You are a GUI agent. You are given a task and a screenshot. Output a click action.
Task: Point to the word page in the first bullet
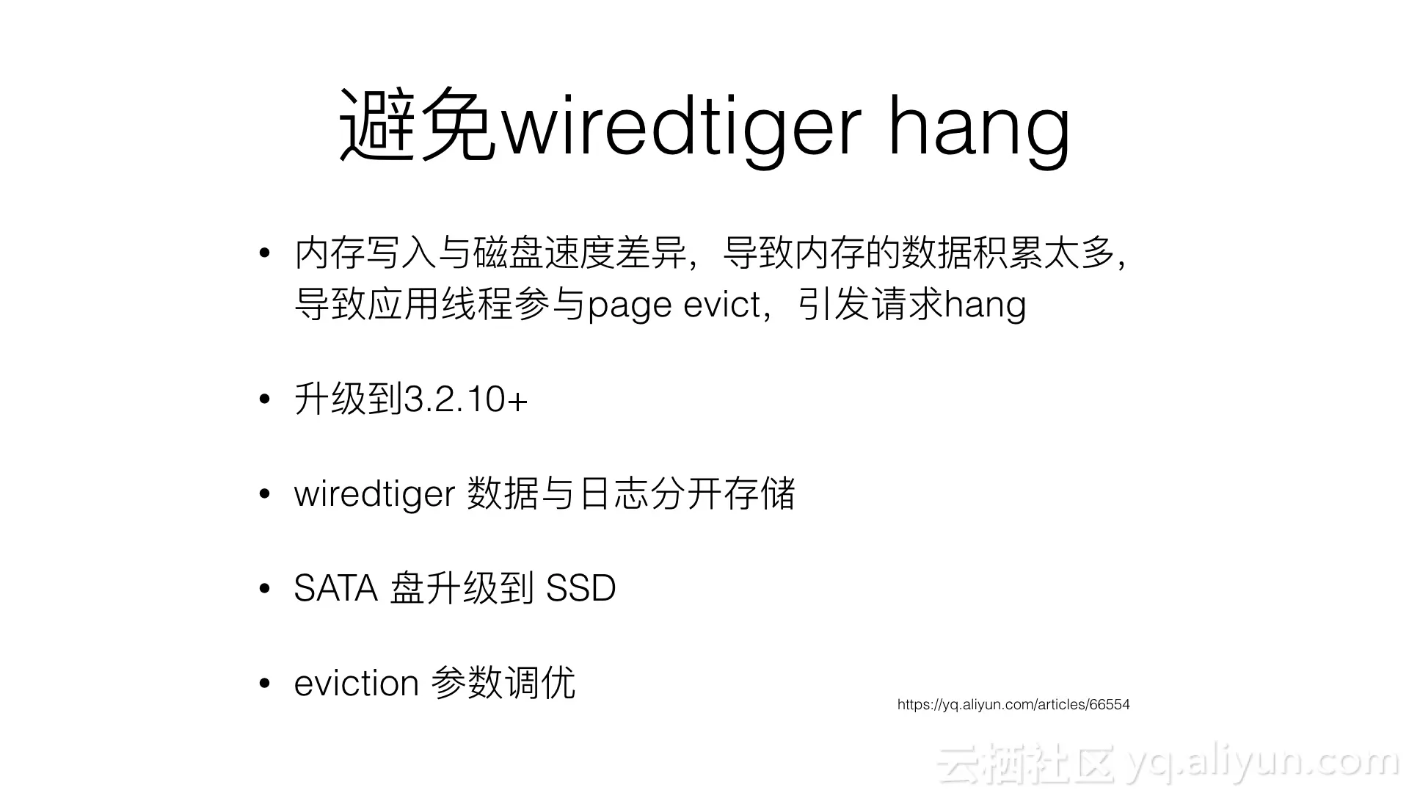(630, 305)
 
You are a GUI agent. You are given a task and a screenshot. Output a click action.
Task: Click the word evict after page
(722, 304)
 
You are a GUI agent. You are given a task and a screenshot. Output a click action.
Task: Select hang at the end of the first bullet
(985, 305)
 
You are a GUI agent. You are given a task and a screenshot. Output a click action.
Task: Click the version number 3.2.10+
(465, 399)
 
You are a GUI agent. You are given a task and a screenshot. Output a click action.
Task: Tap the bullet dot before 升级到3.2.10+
(265, 400)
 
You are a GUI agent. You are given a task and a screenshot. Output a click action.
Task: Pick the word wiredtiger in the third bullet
(374, 493)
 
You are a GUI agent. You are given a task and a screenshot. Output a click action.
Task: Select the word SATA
(335, 588)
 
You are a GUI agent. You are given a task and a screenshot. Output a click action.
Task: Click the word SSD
(581, 588)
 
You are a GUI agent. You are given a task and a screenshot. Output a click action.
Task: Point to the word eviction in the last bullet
(356, 684)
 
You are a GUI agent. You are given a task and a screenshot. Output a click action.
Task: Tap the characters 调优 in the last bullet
(539, 684)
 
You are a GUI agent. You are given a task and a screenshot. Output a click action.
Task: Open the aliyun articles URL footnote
(1013, 705)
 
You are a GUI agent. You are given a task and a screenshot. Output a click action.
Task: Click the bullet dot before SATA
(265, 589)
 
